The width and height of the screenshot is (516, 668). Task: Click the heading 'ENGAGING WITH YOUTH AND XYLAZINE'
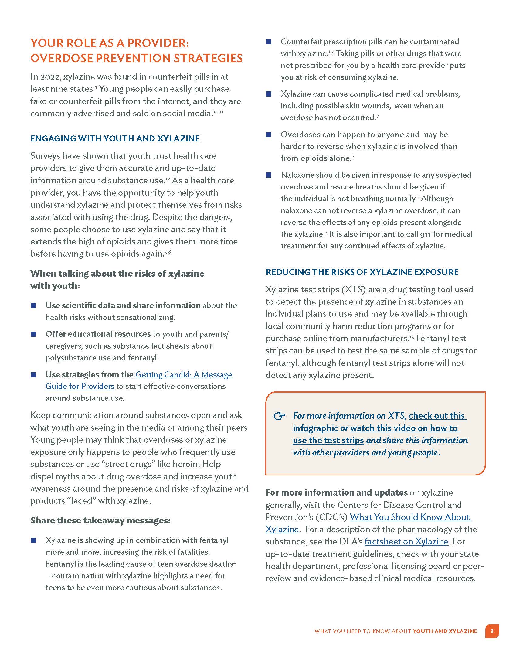(115, 138)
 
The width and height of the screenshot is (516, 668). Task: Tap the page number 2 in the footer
(492, 631)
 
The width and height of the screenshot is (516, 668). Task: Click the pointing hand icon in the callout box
(279, 416)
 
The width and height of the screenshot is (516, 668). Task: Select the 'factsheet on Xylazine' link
(406, 541)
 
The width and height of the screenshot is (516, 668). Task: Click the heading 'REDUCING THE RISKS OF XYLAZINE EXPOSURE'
(362, 272)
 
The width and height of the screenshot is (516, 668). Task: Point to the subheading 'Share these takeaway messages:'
(100, 520)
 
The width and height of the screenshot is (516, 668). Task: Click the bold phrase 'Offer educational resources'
(98, 334)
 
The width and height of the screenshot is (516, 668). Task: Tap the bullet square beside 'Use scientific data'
(34, 305)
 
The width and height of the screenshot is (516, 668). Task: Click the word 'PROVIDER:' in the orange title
(158, 43)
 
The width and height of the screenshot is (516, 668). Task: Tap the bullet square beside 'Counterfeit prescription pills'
(269, 42)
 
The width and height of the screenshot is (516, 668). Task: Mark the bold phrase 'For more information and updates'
(337, 492)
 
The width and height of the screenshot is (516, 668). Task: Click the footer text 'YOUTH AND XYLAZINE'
(445, 631)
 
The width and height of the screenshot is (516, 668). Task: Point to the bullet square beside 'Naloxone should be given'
(269, 175)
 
